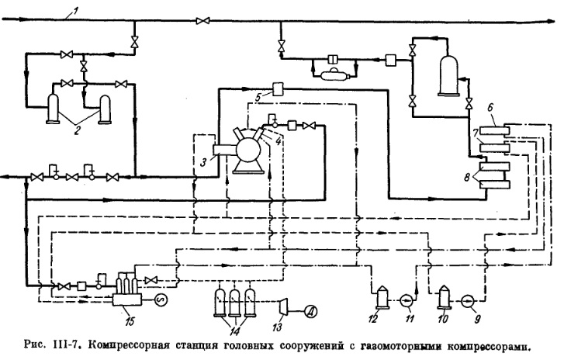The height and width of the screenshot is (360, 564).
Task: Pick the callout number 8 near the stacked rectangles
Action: click(465, 178)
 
